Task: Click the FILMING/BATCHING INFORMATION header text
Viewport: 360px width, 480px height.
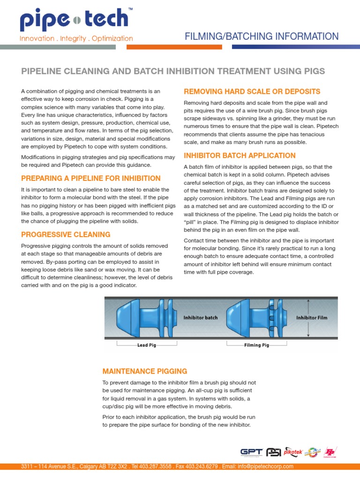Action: click(x=262, y=37)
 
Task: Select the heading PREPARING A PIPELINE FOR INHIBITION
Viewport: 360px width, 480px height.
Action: click(x=91, y=178)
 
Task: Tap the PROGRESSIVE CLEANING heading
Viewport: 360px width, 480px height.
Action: click(x=66, y=234)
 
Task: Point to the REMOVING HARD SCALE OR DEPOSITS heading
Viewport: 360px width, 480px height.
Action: click(x=252, y=91)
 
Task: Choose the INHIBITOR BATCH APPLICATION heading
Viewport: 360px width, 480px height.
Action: click(x=240, y=155)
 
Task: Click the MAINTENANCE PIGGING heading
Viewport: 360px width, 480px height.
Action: click(x=145, y=371)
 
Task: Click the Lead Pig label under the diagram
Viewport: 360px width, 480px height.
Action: click(x=147, y=345)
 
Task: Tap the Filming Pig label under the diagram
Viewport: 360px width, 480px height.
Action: click(x=256, y=345)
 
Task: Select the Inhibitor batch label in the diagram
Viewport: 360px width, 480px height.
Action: click(x=201, y=317)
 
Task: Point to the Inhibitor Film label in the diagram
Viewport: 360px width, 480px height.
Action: click(x=312, y=317)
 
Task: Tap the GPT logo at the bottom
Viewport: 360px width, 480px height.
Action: click(x=251, y=452)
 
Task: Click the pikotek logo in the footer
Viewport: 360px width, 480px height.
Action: click(x=292, y=451)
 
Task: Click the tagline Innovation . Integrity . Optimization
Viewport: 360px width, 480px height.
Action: click(x=76, y=38)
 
